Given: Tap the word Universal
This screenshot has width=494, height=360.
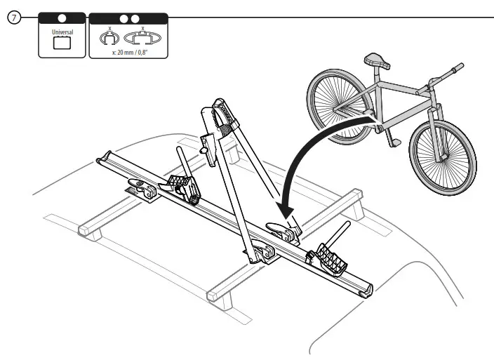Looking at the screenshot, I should [62, 32].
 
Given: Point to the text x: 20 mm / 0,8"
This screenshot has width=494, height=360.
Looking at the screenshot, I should [128, 51].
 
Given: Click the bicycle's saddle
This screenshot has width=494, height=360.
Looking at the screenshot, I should [380, 62].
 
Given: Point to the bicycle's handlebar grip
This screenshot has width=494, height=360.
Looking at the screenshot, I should [459, 67].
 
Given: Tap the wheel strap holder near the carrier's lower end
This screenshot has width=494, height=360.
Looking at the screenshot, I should [331, 259].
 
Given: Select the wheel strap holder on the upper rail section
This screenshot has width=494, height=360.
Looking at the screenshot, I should [183, 186].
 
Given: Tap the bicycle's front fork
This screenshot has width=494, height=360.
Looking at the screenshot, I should [439, 126].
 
